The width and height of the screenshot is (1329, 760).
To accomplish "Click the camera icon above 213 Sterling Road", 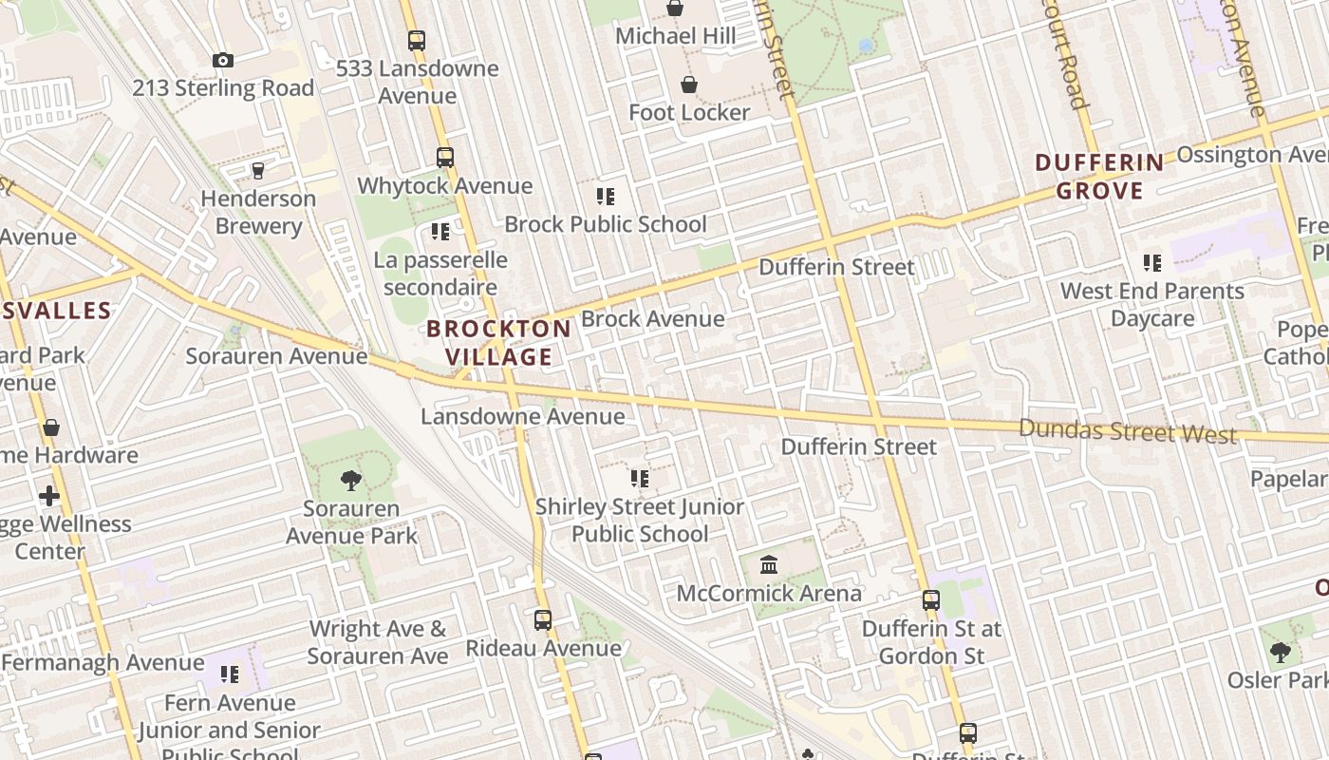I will pos(223,61).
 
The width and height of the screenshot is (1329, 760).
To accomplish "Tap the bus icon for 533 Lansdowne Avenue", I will pos(417,41).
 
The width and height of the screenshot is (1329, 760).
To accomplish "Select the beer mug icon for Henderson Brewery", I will pos(257,171).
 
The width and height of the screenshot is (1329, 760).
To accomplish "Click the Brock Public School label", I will pos(606,224).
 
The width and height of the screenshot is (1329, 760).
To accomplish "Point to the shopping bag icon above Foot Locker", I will pos(689,85).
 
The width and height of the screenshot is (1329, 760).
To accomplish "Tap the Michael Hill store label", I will pos(675,36).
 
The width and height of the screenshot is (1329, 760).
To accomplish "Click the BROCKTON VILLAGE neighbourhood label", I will pos(499,343).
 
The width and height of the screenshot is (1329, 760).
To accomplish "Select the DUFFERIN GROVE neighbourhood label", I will pos(1100,177).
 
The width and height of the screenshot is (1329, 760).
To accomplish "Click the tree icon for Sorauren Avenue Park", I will pos(351,481).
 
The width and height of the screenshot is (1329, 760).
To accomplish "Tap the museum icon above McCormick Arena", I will pos(769,566).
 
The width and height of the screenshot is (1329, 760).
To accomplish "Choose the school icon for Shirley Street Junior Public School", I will pos(640,479).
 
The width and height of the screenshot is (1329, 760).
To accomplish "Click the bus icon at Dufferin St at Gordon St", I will pos(931,600).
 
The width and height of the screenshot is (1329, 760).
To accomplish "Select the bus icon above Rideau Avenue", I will pos(543,620).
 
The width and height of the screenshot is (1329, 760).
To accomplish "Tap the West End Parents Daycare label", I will pos(1152,304).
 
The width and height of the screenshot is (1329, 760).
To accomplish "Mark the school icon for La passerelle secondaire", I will pos(440,232).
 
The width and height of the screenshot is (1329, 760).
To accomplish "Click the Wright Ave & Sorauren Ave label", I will pos(377,642).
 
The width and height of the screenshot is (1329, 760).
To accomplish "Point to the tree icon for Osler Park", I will pos(1281,653).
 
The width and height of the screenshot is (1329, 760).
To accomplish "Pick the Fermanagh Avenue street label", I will pos(103,662).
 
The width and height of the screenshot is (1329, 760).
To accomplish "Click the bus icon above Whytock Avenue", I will pos(445,158).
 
